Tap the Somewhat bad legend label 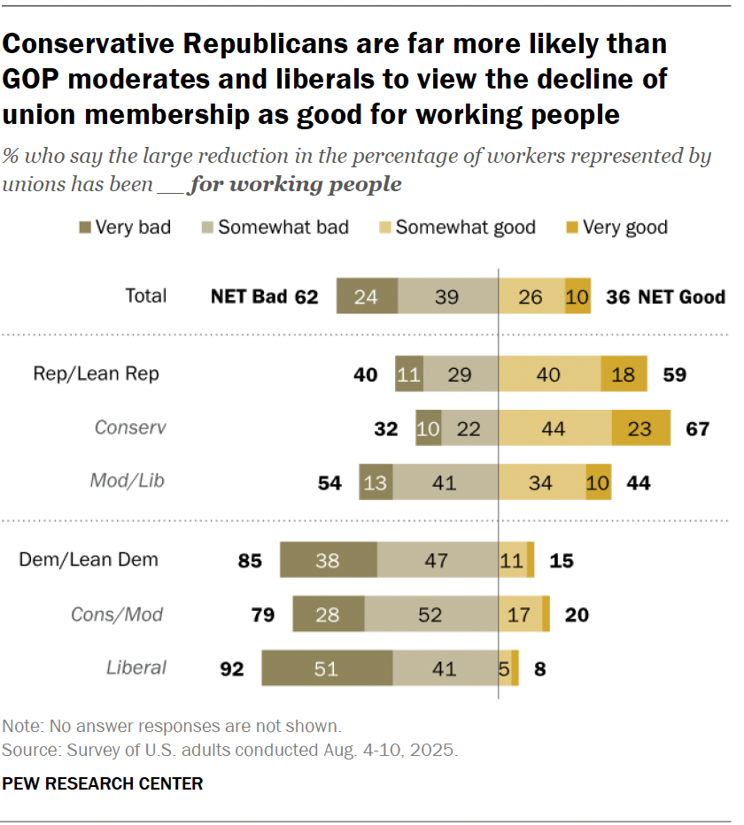coord(283,227)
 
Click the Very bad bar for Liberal coord(327,668)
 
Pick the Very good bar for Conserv coord(640,428)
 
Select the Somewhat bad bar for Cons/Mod coord(431,614)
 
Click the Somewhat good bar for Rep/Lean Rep coord(549,374)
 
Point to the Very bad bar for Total coord(367,297)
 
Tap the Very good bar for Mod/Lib coord(599,482)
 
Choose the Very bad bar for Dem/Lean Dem coord(328,560)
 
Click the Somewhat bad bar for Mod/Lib coord(446,482)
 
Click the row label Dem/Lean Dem coord(89,559)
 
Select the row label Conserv coord(130,428)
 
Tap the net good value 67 coord(698,429)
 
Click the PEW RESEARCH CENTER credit coord(103,783)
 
